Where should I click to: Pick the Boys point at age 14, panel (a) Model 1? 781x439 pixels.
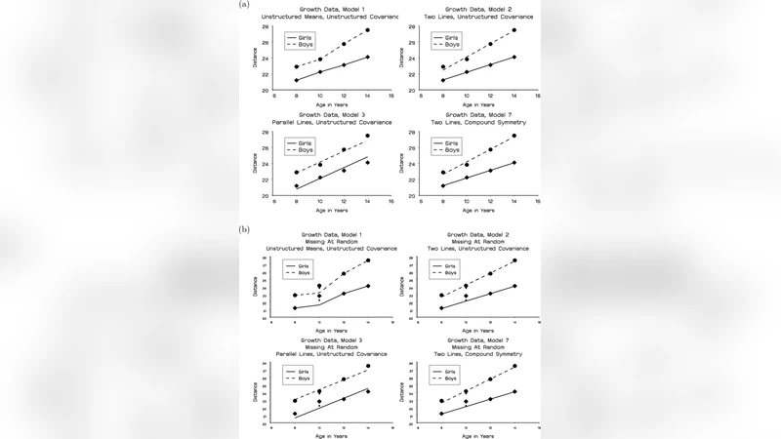(367, 30)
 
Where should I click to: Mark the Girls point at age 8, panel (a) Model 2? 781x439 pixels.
(442, 80)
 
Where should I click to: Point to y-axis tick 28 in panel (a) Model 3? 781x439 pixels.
(266, 132)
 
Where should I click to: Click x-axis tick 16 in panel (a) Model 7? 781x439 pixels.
(537, 202)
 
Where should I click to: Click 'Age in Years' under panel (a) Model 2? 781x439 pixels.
(477, 104)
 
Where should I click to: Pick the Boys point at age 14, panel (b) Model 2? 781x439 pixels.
(514, 260)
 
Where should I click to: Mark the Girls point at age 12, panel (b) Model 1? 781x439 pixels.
(344, 293)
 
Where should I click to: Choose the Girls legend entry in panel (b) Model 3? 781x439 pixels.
(303, 371)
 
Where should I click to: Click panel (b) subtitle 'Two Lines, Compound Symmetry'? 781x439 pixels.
(478, 353)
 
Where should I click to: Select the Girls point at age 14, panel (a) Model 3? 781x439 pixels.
(367, 162)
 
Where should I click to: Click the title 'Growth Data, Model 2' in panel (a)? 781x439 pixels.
(478, 9)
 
